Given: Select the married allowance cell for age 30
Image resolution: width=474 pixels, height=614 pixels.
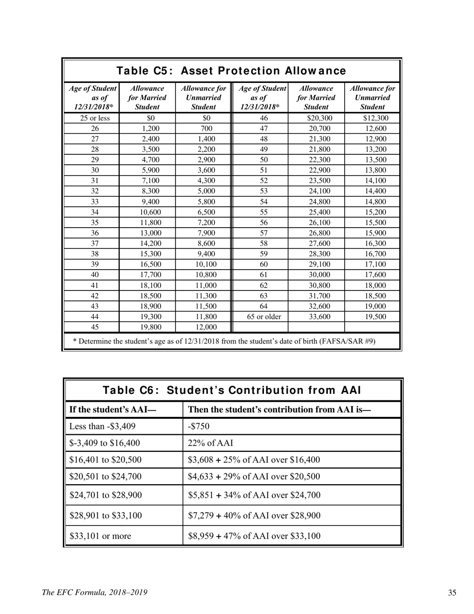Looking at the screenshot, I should [147, 171].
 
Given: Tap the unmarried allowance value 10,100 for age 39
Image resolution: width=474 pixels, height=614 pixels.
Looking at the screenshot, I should [203, 265].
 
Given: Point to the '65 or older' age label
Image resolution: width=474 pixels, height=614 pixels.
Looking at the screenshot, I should [261, 316].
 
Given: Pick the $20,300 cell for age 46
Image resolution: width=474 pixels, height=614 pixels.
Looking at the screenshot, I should [316, 118].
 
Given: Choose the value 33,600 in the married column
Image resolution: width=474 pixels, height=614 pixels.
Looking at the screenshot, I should [316, 316].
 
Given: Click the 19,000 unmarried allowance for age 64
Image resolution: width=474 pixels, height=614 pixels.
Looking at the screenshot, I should [373, 306].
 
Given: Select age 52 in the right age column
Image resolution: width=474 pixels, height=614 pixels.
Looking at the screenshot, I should [261, 181].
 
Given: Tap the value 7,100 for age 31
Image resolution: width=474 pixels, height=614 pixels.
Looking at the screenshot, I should [147, 181].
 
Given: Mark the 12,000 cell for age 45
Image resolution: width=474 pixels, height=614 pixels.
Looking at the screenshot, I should [203, 327].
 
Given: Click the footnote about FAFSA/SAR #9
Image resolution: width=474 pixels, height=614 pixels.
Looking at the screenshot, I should [224, 341].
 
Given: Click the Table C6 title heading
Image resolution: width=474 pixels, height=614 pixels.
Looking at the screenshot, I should [232, 390].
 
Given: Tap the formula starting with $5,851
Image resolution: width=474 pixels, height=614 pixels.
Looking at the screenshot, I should [254, 495].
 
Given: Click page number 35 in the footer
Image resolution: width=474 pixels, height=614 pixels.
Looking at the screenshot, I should [452, 593].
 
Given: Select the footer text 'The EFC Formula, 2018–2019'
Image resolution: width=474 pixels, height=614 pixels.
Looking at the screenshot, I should [95, 593].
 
